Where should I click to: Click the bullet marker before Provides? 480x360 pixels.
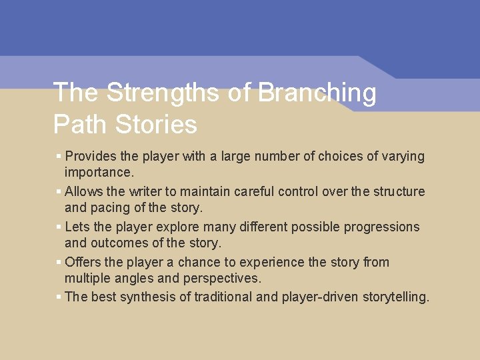pyautogui.click(x=59, y=156)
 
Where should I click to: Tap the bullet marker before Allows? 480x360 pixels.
pyautogui.click(x=59, y=191)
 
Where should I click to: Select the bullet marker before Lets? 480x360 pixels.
pyautogui.click(x=59, y=227)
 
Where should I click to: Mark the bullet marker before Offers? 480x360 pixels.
pyautogui.click(x=59, y=262)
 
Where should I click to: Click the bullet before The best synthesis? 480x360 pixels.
pyautogui.click(x=59, y=297)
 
